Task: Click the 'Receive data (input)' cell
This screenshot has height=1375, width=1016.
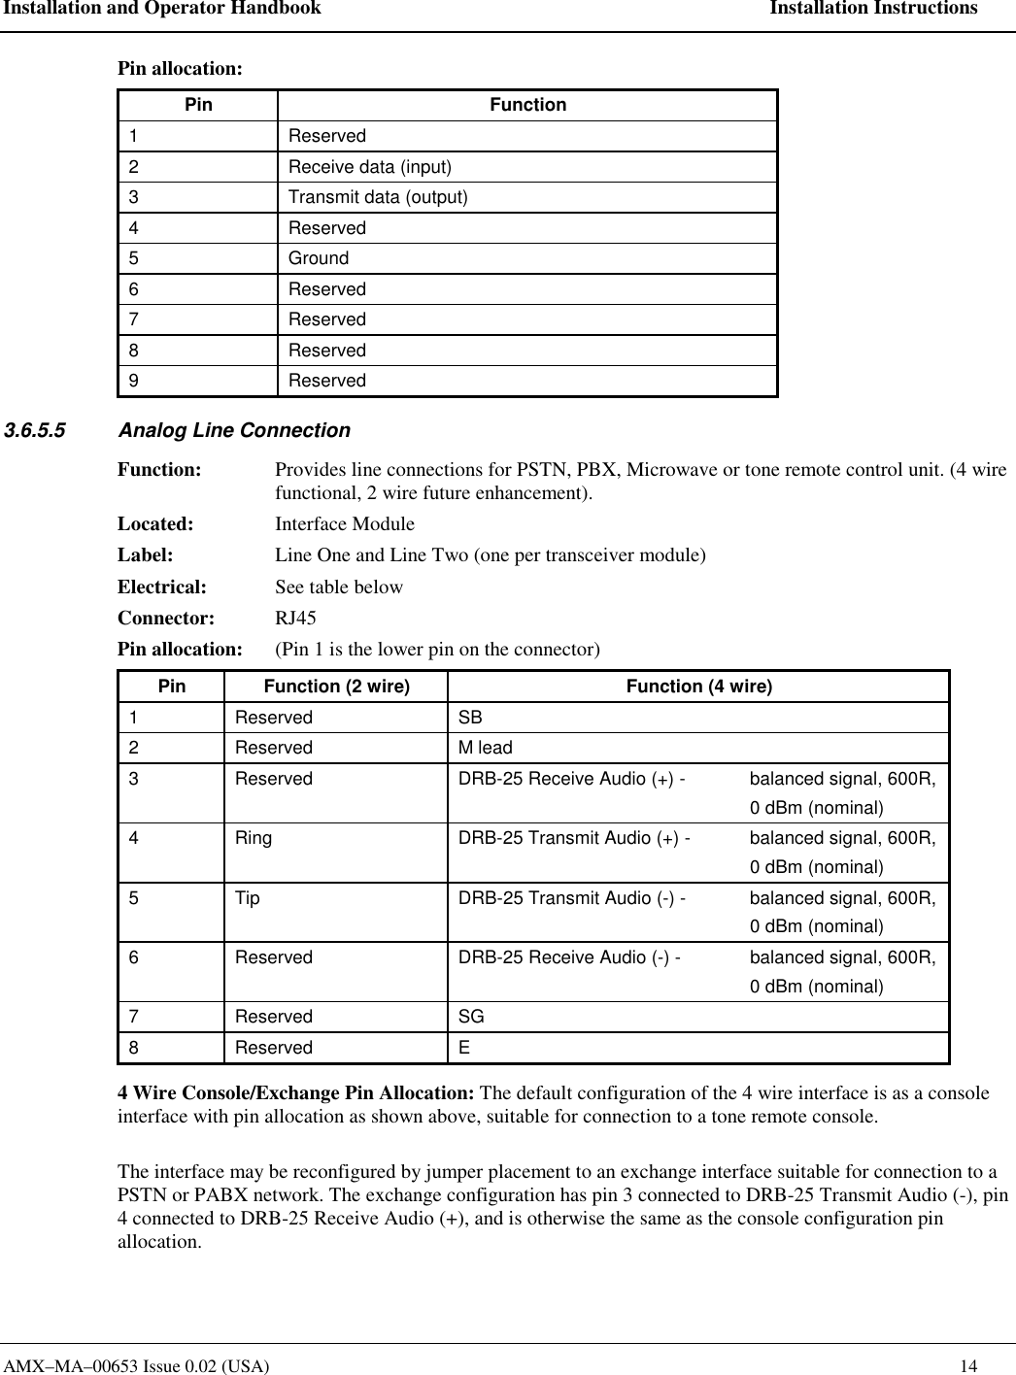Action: pos(370,167)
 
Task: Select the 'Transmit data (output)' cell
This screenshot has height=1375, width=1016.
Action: pos(378,197)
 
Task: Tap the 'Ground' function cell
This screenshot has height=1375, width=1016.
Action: pos(319,258)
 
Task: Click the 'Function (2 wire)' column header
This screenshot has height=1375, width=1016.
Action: pos(337,687)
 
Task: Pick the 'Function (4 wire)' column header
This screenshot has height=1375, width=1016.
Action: pos(698,687)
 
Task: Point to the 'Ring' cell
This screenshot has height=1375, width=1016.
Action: pos(254,838)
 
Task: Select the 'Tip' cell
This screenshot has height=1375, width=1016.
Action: pos(248,898)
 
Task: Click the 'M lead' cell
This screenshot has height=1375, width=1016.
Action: pos(486,748)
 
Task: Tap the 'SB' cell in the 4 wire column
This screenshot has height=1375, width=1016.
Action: pos(470,718)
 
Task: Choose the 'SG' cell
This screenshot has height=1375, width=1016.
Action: pos(471,1017)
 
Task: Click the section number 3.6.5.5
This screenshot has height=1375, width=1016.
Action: pos(36,430)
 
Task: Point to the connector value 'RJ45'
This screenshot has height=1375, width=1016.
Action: pos(295,618)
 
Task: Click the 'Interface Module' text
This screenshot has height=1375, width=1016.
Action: pos(345,524)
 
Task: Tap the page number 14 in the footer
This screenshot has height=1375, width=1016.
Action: pos(968,1366)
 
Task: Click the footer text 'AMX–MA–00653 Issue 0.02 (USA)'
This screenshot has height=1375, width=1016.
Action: pos(137,1366)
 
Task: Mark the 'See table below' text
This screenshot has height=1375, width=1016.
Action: pos(339,587)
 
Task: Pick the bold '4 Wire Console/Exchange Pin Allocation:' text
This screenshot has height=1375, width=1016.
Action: pos(296,1092)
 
